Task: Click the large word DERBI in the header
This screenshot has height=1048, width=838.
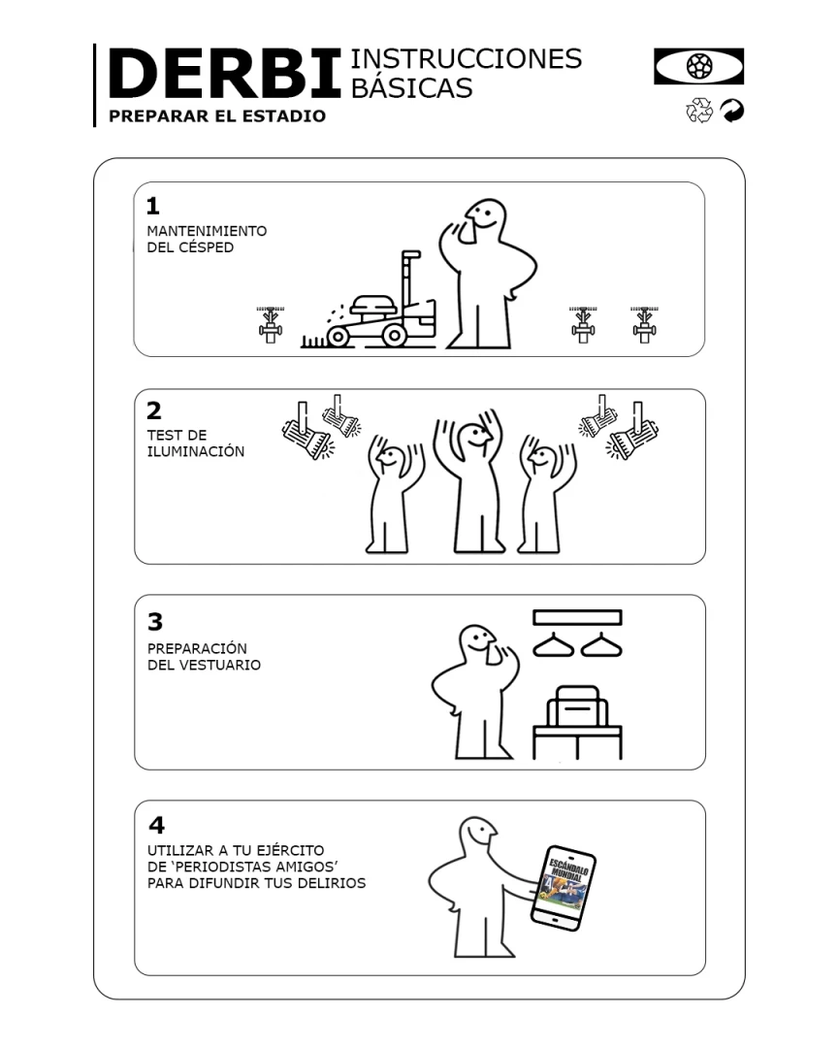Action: pyautogui.click(x=225, y=74)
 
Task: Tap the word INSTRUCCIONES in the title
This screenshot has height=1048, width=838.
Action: pyautogui.click(x=467, y=59)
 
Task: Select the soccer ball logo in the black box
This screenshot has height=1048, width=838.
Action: pyautogui.click(x=699, y=66)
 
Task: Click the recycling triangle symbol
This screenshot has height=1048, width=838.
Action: pyautogui.click(x=699, y=111)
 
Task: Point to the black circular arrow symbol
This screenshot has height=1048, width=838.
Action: pyautogui.click(x=732, y=111)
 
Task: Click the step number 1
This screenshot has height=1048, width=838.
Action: pyautogui.click(x=153, y=205)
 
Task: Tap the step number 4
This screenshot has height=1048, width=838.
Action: pyautogui.click(x=156, y=825)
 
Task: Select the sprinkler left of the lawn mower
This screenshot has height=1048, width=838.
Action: pyautogui.click(x=270, y=325)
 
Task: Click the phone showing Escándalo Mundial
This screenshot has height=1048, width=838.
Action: pyautogui.click(x=564, y=888)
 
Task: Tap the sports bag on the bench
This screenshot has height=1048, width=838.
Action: pyautogui.click(x=577, y=706)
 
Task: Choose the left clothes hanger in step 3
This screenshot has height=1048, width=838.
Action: pyautogui.click(x=553, y=645)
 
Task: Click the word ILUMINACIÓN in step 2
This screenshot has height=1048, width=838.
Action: pyautogui.click(x=196, y=452)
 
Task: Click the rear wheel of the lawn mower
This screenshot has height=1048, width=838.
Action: pyautogui.click(x=338, y=336)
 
